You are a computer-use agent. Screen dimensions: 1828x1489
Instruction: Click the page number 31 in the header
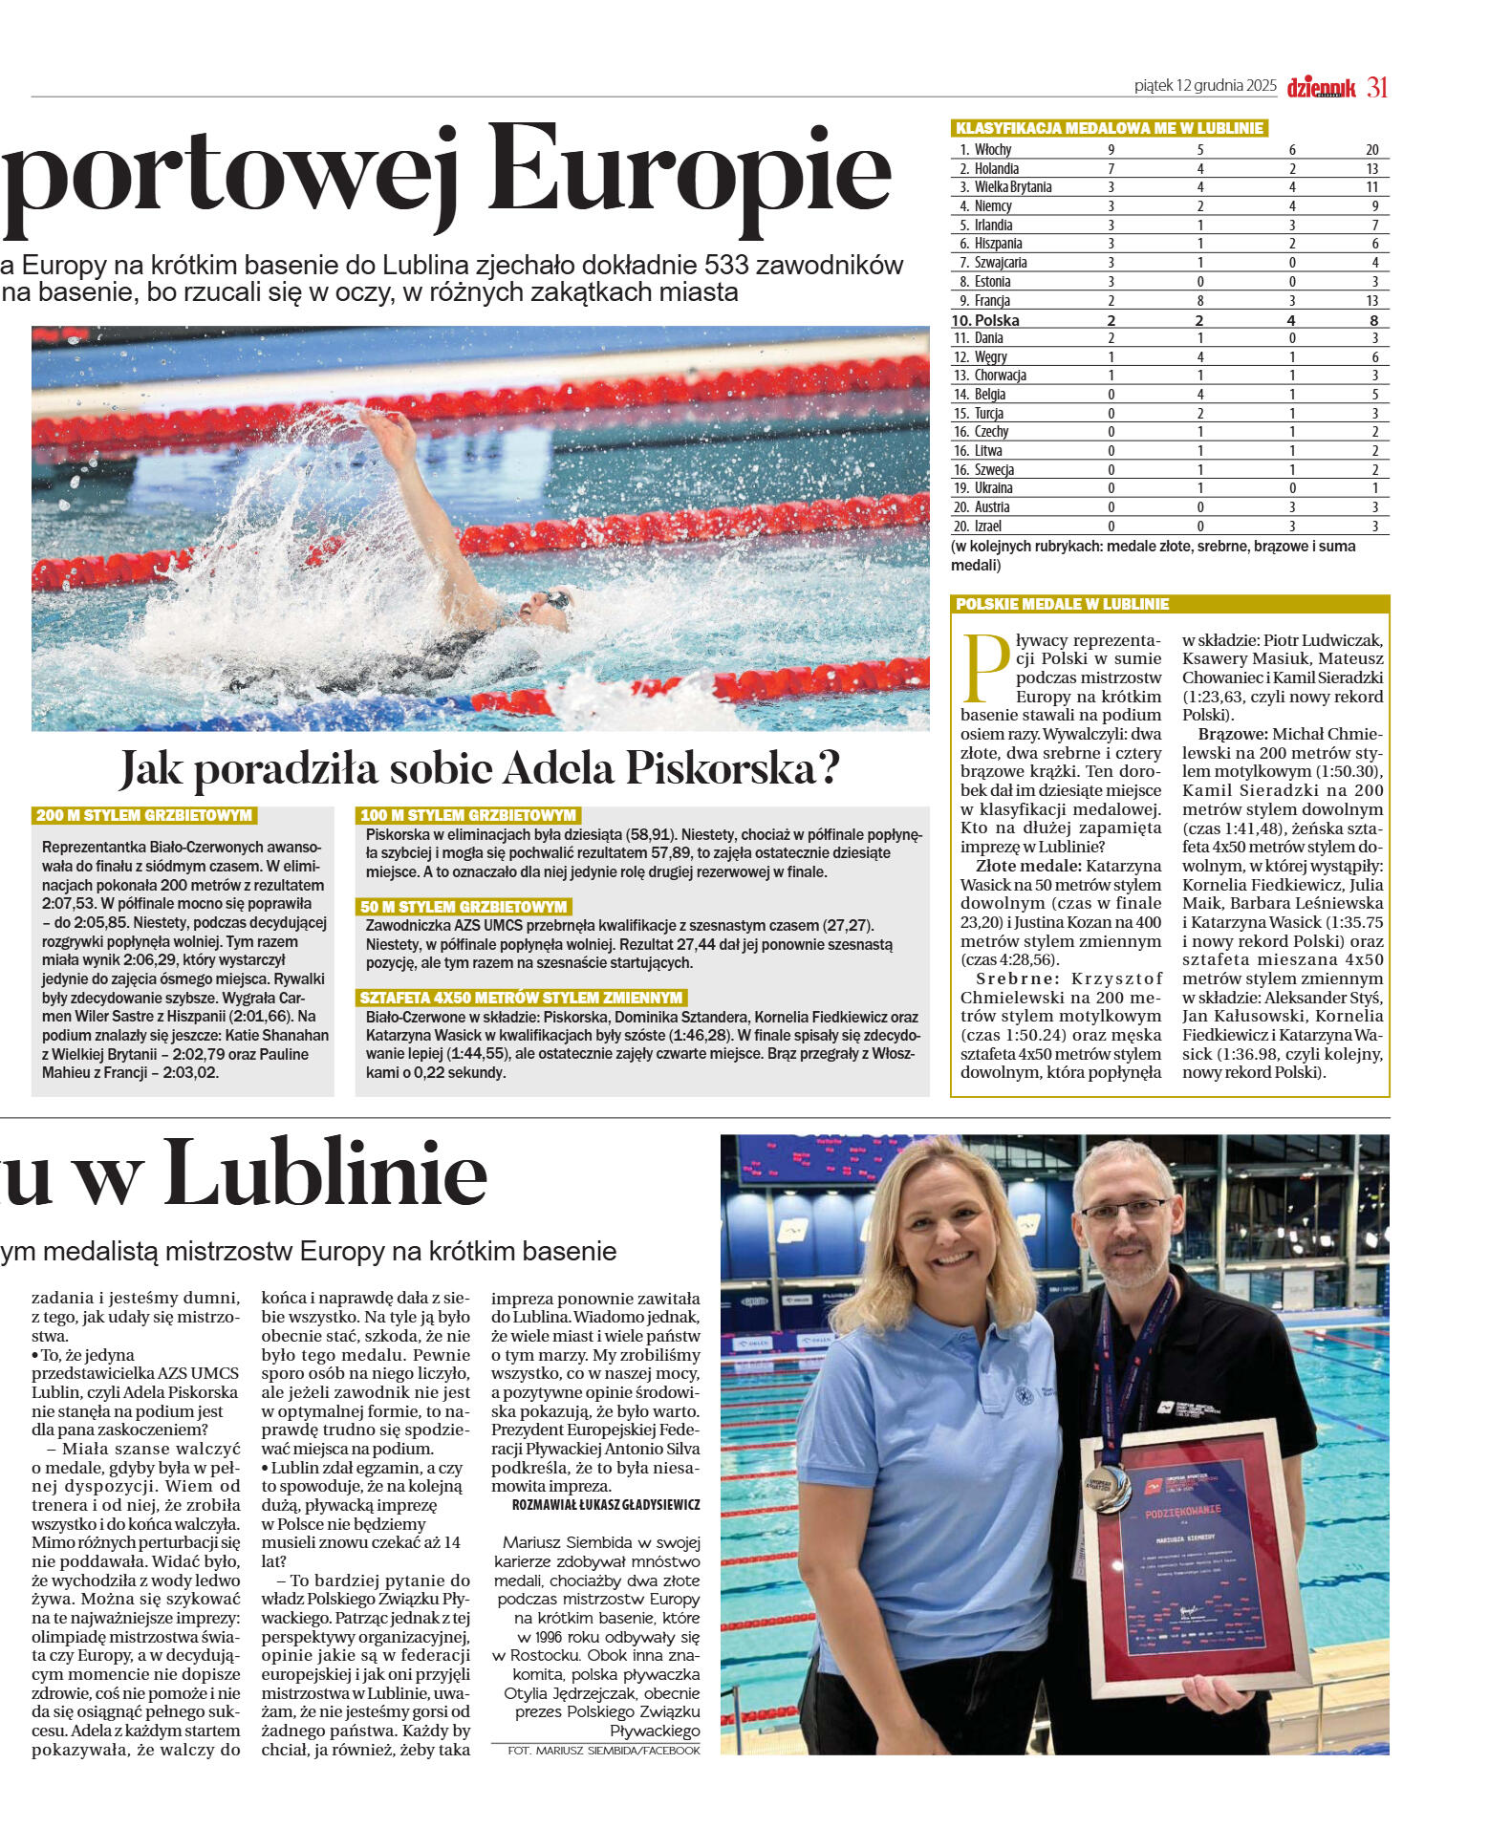1376,87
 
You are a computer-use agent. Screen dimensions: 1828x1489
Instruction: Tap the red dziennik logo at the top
1321,88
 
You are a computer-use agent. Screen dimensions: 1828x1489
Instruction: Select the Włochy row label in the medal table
992,150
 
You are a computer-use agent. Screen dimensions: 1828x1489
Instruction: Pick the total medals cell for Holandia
1371,169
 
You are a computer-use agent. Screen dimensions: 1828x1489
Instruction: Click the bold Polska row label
996,320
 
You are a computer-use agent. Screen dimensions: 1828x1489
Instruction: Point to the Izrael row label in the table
988,527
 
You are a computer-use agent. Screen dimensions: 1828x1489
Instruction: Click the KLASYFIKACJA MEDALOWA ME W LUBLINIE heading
1110,128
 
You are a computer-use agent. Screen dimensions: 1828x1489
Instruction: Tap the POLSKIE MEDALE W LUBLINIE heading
1062,604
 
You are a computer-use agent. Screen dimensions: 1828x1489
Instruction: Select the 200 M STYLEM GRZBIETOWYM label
144,815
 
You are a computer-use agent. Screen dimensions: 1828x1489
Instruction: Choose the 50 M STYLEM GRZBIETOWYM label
464,906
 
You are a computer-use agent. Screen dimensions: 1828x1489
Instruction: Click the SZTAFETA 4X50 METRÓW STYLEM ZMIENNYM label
521,997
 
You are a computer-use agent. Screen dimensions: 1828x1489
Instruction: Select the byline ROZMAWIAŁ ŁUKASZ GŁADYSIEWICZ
606,1505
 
